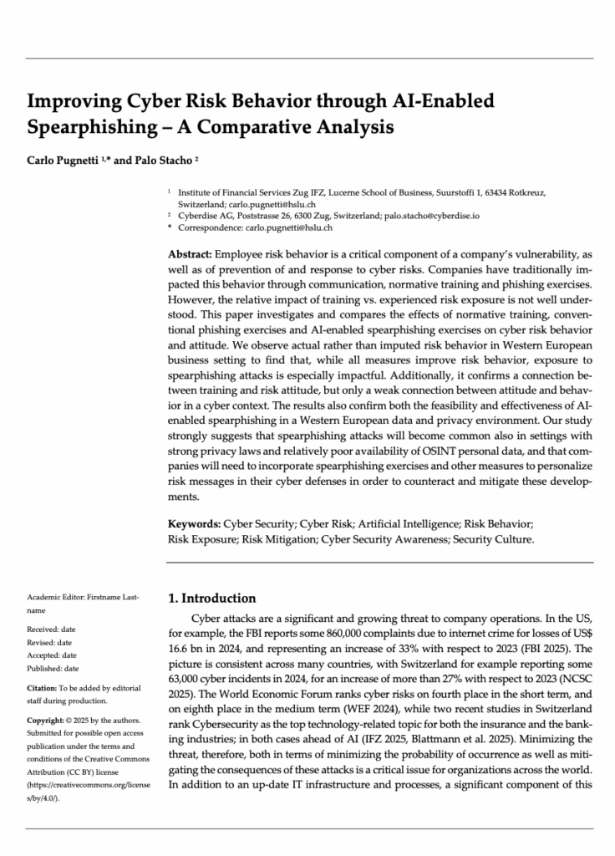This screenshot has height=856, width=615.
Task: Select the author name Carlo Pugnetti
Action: point(62,160)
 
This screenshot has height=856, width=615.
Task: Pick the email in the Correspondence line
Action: point(288,227)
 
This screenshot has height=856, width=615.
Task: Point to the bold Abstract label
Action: point(191,253)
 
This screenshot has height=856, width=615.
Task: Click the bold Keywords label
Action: point(195,524)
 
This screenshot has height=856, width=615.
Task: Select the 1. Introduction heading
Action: point(212,599)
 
